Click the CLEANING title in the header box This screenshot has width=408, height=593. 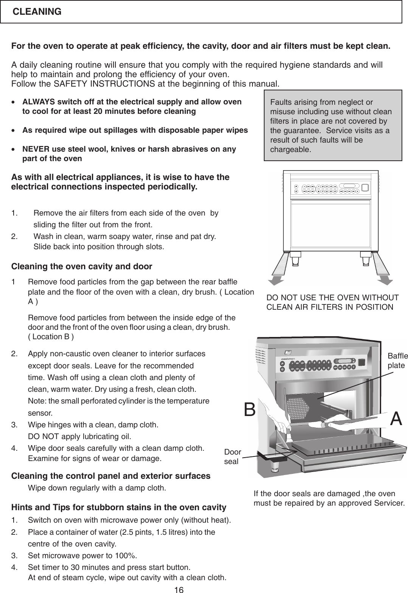pos(37,12)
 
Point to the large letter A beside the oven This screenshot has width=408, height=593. pos(396,418)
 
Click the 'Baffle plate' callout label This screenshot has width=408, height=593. pos(398,361)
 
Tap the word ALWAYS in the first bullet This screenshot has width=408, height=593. pos(38,102)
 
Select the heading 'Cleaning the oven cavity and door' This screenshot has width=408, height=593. pos(82,267)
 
